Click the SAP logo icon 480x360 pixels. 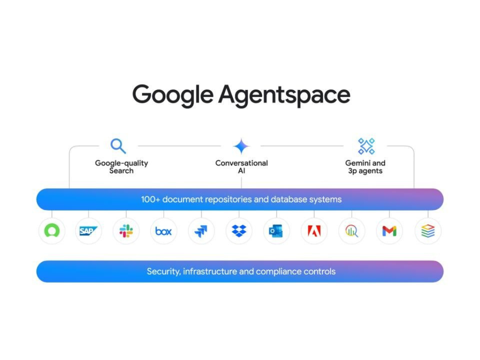point(88,231)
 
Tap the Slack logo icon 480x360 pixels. point(126,231)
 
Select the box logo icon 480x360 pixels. point(164,231)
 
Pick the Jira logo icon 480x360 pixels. point(201,231)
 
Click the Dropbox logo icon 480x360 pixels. point(239,231)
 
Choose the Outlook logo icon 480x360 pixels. point(276,231)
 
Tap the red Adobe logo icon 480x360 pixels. point(314,231)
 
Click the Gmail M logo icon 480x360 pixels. point(390,231)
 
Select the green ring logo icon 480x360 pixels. point(52,231)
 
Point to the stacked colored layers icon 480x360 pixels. point(428,231)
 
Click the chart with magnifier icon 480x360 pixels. point(352,231)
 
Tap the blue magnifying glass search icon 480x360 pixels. point(118,146)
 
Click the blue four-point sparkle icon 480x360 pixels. point(241,146)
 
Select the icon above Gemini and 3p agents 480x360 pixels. point(367,146)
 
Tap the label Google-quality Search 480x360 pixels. point(121,167)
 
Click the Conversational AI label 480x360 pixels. point(241,167)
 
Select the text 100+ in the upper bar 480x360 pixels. point(150,199)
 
